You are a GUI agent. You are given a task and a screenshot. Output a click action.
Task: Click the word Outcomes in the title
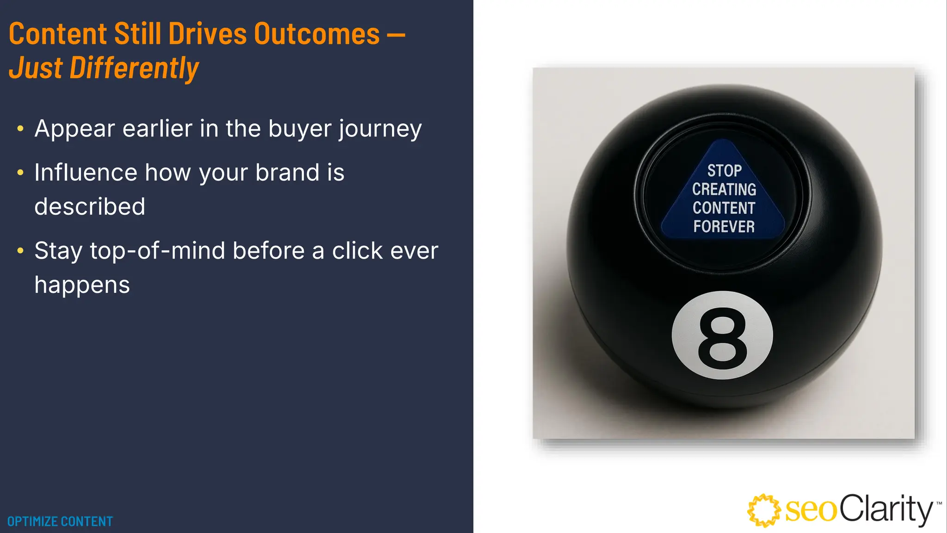(317, 34)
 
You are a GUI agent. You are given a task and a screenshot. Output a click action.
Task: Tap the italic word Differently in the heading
(134, 68)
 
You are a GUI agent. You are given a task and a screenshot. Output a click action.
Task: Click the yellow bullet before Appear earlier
(20, 129)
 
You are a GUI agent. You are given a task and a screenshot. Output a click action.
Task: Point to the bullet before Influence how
(20, 173)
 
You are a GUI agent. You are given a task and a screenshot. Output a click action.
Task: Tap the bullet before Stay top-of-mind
(20, 251)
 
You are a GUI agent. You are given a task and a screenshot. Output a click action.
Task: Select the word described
(90, 206)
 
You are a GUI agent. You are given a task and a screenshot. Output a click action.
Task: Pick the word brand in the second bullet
(287, 173)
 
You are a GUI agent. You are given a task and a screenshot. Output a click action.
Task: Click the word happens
(82, 285)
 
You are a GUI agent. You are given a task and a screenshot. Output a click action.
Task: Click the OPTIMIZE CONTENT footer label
(60, 521)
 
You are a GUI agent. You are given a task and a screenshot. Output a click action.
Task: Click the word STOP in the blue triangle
(724, 171)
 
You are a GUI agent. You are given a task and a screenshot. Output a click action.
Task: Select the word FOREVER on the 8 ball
(724, 227)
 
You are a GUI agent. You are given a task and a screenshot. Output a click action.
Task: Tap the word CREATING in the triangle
(724, 189)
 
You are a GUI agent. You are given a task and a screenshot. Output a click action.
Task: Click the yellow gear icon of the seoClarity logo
(763, 510)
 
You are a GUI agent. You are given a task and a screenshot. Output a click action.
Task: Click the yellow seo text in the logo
(811, 511)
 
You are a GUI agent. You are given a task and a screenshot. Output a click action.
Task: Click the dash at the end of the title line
(395, 34)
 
